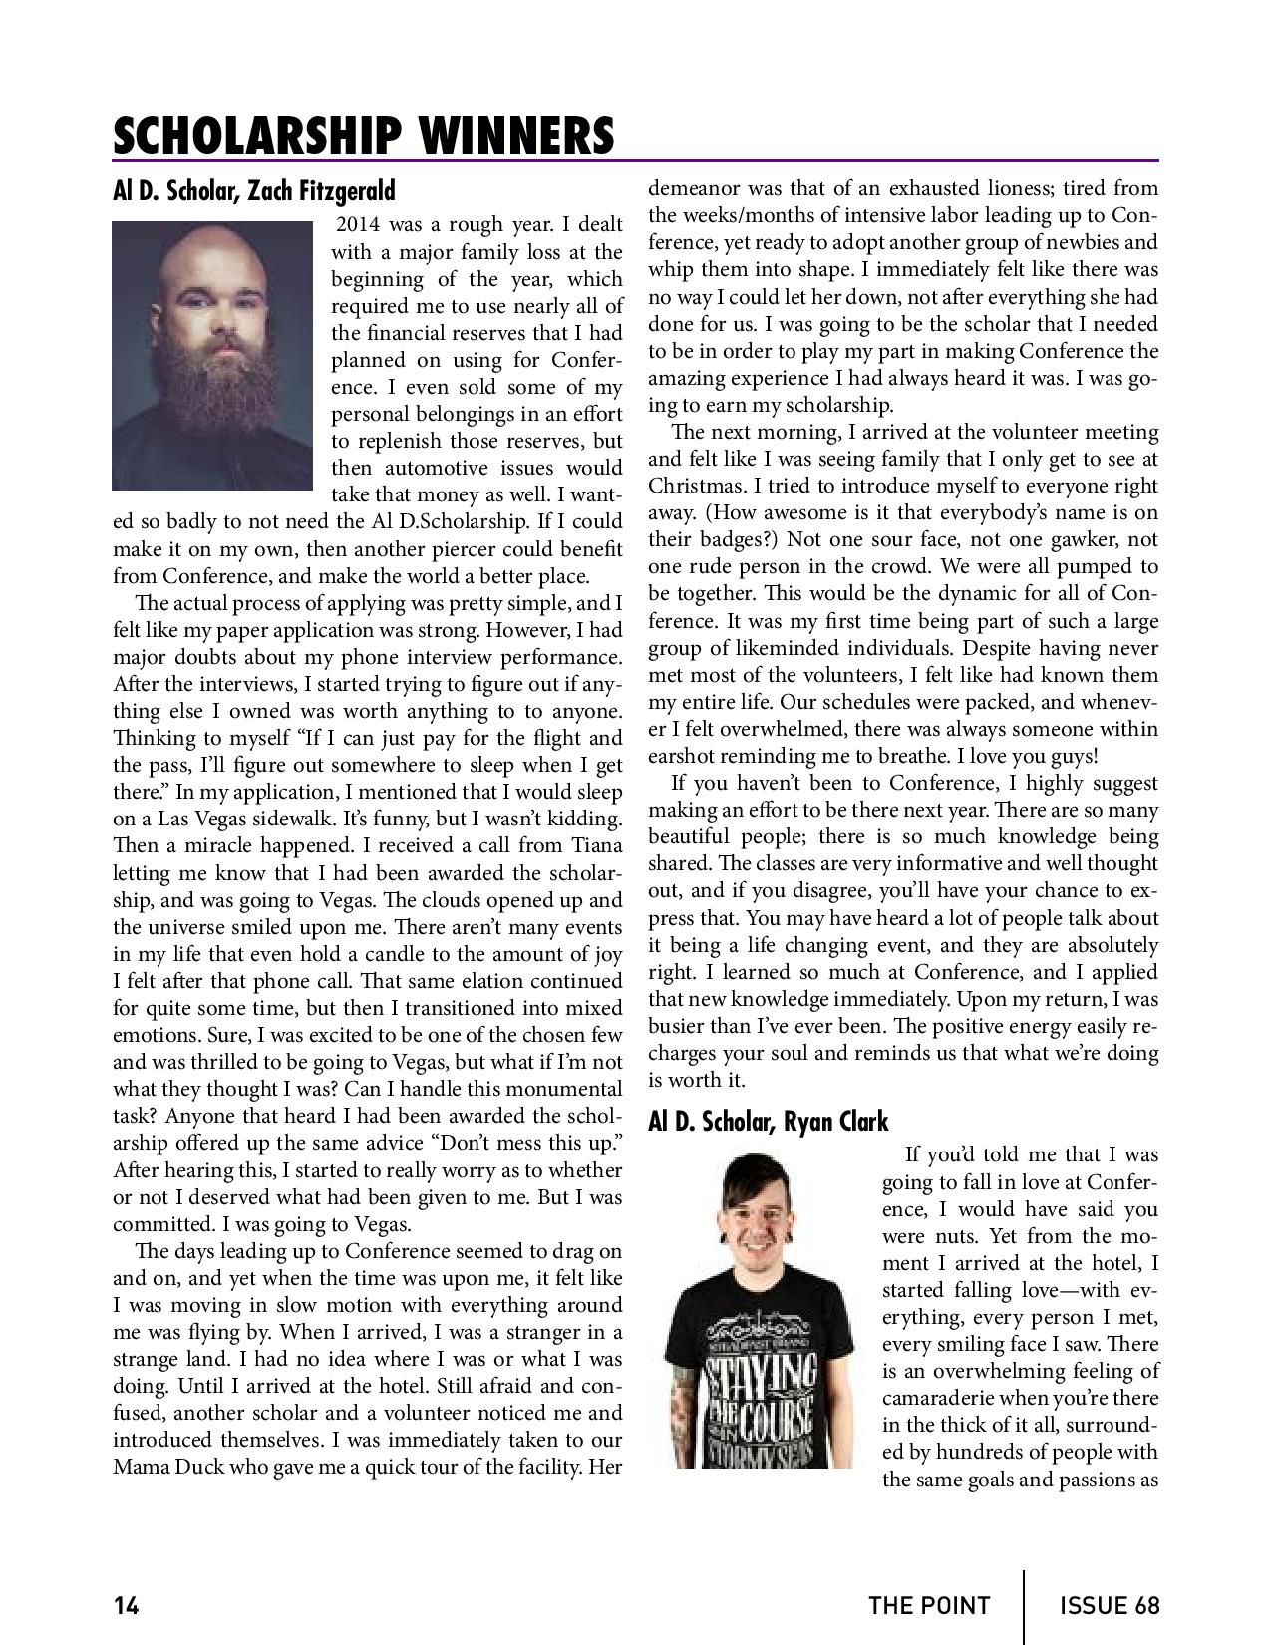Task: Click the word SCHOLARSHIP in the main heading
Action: (x=256, y=136)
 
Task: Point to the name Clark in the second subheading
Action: (x=860, y=1122)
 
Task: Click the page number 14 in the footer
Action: (x=126, y=1605)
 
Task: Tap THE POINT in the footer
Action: (x=929, y=1605)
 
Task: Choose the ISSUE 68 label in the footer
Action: (x=1110, y=1605)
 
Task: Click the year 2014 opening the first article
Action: (x=360, y=225)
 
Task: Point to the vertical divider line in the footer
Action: (x=1024, y=1605)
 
